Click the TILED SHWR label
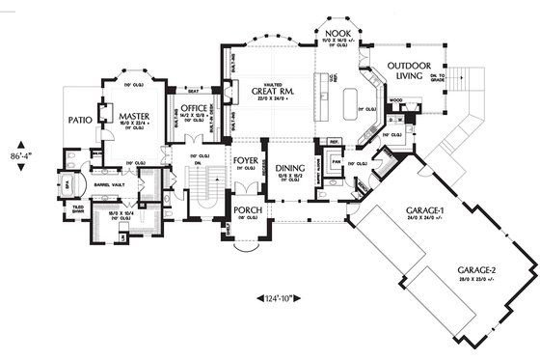[x=77, y=209]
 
